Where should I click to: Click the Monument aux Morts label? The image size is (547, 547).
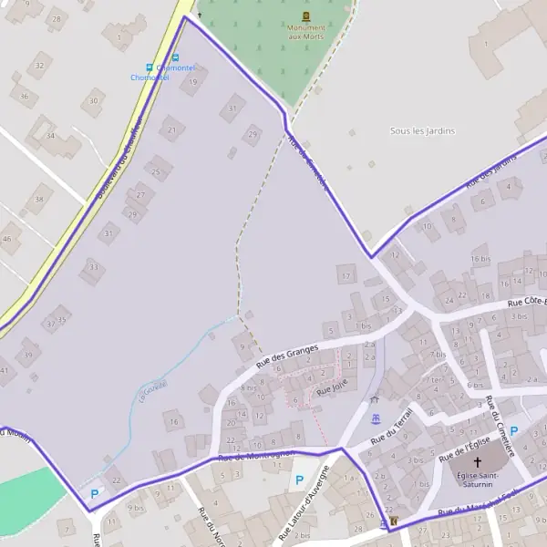click(x=305, y=32)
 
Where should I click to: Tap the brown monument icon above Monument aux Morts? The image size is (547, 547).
click(x=305, y=16)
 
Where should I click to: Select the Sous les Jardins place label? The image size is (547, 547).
click(x=422, y=131)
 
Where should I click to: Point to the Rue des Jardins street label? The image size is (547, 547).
click(x=491, y=170)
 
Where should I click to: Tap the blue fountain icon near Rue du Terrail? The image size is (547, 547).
click(x=376, y=419)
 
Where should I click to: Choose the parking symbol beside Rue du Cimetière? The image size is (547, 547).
click(x=513, y=431)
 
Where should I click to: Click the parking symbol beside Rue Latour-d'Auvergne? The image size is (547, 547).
click(x=299, y=479)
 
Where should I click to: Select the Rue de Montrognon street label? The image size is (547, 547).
click(x=255, y=454)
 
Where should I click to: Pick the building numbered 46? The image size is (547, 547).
click(x=8, y=239)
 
